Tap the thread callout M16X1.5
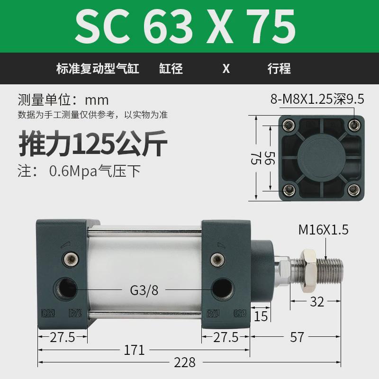coord(323,230)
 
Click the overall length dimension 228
coord(184,363)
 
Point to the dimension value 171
coord(134,350)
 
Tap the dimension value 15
coord(261,316)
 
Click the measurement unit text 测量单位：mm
coord(63,100)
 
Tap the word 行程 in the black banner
coord(279,69)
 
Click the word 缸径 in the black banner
coord(171,69)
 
